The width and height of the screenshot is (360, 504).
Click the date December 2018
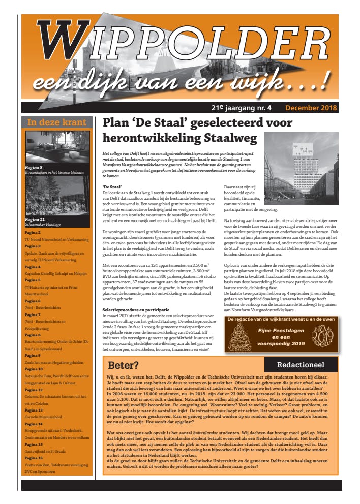click(x=311, y=108)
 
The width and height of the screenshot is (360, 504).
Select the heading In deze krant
click(x=56, y=122)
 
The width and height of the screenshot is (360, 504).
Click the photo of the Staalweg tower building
click(x=301, y=161)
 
